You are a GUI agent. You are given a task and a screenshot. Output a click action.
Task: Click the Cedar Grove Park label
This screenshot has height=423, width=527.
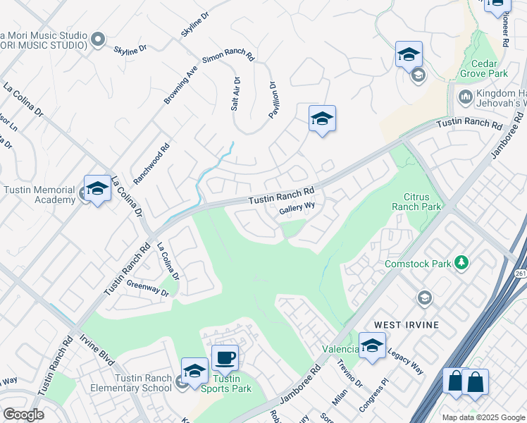click(x=483, y=67)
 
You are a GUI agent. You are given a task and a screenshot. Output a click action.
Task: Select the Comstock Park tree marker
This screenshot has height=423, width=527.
click(x=461, y=263)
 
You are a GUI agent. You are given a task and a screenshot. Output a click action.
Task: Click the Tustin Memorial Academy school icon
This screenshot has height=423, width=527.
click(x=97, y=188)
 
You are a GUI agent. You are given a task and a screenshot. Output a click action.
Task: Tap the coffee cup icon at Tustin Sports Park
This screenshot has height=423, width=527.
click(x=225, y=357)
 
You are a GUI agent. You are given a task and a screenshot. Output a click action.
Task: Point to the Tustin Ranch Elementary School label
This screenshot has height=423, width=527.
click(x=143, y=383)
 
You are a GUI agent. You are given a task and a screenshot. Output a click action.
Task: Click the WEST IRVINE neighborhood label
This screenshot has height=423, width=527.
click(x=407, y=324)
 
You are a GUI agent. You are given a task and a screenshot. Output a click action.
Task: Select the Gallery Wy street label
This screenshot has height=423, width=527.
click(x=297, y=209)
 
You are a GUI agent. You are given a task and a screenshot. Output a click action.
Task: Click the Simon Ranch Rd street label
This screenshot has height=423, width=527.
click(x=228, y=56)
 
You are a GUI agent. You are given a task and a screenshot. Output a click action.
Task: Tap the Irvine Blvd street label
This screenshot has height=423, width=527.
click(x=97, y=348)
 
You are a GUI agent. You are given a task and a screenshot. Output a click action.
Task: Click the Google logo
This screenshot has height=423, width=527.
click(x=23, y=415)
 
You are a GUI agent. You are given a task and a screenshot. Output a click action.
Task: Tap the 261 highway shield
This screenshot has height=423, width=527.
click(x=521, y=272)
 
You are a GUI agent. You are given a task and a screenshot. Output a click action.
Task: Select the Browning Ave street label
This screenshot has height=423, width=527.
click(x=181, y=86)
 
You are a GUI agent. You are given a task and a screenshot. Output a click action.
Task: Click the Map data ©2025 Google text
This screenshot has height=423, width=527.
click(x=483, y=417)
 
